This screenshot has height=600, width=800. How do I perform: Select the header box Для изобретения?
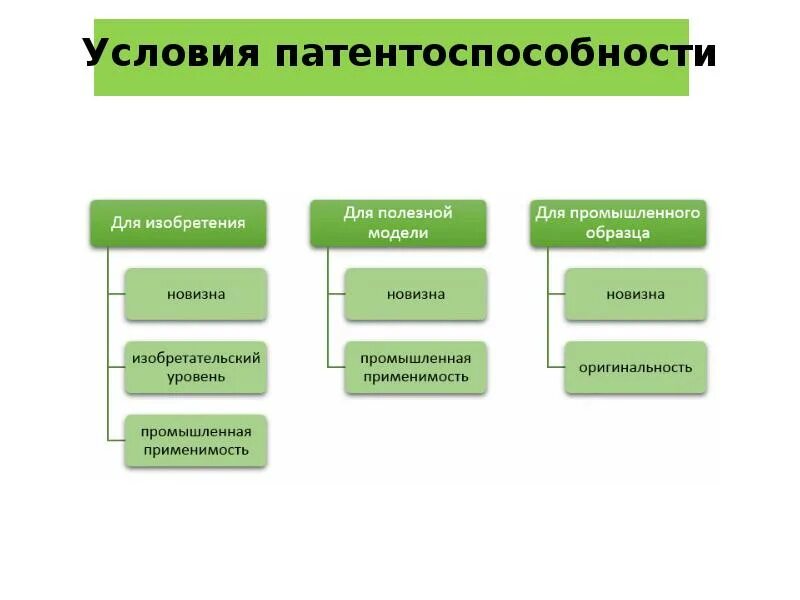(x=178, y=223)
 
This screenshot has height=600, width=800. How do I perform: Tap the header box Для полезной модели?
(x=398, y=223)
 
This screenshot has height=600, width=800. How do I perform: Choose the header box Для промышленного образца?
(x=618, y=223)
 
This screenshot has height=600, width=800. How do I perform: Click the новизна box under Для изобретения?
(x=196, y=294)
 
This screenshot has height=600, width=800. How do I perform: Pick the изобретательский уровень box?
(x=196, y=367)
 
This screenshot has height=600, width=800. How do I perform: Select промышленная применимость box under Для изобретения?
(x=196, y=441)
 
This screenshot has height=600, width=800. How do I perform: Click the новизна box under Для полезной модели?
(x=416, y=294)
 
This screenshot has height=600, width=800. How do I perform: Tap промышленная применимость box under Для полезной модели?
(x=416, y=367)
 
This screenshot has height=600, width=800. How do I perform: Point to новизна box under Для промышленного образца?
(x=635, y=294)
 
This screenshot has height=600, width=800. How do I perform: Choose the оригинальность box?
(x=635, y=367)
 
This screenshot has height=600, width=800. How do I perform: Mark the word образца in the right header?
(x=618, y=233)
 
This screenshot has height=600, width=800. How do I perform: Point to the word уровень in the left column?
(x=196, y=378)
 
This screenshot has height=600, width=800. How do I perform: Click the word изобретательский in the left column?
(x=196, y=357)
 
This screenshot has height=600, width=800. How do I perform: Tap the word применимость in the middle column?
(x=416, y=378)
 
